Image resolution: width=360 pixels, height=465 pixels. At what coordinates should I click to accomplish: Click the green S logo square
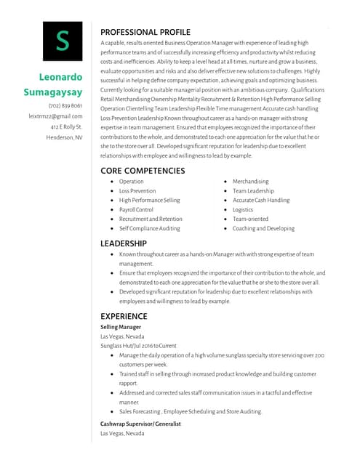[63, 41]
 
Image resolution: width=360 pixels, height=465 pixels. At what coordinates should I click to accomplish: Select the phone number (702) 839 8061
[65, 106]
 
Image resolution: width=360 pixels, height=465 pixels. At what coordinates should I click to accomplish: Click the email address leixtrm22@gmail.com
[55, 116]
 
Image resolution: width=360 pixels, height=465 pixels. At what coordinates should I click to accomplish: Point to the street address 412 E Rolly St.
[66, 126]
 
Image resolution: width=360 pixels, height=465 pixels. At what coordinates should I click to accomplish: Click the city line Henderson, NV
[64, 137]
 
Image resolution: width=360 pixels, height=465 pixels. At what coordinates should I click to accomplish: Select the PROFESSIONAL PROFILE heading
[145, 32]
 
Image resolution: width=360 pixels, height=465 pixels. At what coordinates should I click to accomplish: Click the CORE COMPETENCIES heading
[143, 171]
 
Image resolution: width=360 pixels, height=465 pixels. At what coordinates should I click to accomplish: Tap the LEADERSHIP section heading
[124, 243]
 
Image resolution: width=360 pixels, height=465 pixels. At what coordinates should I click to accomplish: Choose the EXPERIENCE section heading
[124, 316]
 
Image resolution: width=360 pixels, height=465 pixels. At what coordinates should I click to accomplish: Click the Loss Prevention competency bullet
[137, 191]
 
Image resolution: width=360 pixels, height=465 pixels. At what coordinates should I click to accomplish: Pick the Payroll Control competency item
[136, 210]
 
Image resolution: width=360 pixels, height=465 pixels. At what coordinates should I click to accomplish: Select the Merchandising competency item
[250, 182]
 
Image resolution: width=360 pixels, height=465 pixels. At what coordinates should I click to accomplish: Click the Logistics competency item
[243, 210]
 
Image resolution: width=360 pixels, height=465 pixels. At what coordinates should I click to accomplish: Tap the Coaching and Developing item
[263, 229]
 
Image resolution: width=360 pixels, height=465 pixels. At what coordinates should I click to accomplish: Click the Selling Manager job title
[121, 328]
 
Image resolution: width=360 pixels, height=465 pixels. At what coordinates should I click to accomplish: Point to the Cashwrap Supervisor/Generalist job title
[140, 424]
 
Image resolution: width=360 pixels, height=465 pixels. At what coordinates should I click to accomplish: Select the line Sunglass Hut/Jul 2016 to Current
[138, 346]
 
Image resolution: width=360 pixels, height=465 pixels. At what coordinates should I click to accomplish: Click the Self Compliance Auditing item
[149, 229]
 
